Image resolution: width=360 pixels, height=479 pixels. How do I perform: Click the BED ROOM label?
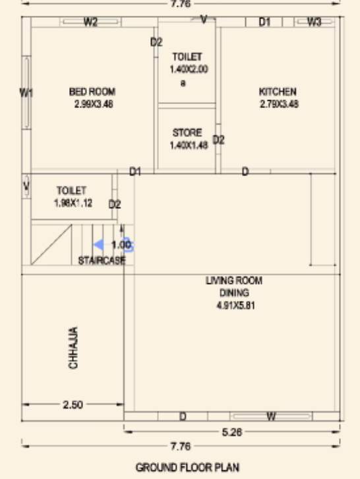point(92,92)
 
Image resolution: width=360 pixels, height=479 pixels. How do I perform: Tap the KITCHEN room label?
point(278,92)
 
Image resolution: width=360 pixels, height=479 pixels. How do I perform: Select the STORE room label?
point(187,132)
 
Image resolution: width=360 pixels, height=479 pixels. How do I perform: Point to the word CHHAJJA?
point(74,347)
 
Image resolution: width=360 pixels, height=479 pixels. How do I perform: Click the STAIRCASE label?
point(102,260)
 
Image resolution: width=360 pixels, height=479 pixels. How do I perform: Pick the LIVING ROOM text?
point(234,281)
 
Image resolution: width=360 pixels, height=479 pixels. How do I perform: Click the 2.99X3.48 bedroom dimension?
point(94,103)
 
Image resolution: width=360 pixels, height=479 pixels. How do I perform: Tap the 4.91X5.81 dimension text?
point(234,306)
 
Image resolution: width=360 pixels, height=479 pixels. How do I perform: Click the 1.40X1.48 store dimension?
point(189,145)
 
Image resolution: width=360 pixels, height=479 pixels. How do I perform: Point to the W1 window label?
point(26,93)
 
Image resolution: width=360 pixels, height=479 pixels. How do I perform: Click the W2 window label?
point(90,22)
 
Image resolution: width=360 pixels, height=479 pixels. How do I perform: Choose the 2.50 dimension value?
point(73,405)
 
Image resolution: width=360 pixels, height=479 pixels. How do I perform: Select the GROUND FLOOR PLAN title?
point(179,467)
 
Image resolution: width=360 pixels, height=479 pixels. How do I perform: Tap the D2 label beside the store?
point(219,140)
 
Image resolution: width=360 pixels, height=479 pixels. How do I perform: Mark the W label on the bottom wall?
point(271,416)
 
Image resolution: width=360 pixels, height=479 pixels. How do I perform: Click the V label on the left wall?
point(26,186)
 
